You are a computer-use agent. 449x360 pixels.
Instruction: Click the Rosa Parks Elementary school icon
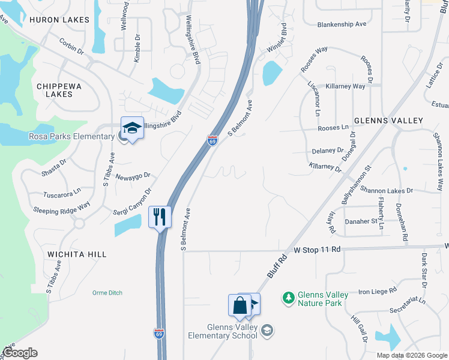132,128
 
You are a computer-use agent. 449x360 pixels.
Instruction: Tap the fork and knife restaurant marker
160,217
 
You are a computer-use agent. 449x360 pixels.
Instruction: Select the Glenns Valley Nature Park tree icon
289,298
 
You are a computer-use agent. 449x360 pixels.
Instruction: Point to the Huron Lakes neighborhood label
59,20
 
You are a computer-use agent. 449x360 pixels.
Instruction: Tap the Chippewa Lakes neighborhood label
59,90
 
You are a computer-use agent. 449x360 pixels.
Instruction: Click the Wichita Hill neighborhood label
77,254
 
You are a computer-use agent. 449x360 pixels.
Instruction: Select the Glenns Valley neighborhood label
388,121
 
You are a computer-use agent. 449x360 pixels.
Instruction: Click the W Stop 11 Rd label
317,249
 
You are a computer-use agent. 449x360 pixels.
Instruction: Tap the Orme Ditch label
107,293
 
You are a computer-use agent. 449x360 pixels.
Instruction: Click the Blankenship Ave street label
342,25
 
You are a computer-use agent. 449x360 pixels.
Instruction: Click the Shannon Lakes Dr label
387,190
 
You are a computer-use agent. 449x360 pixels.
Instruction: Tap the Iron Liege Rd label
378,291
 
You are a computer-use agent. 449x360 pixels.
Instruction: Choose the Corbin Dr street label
71,46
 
